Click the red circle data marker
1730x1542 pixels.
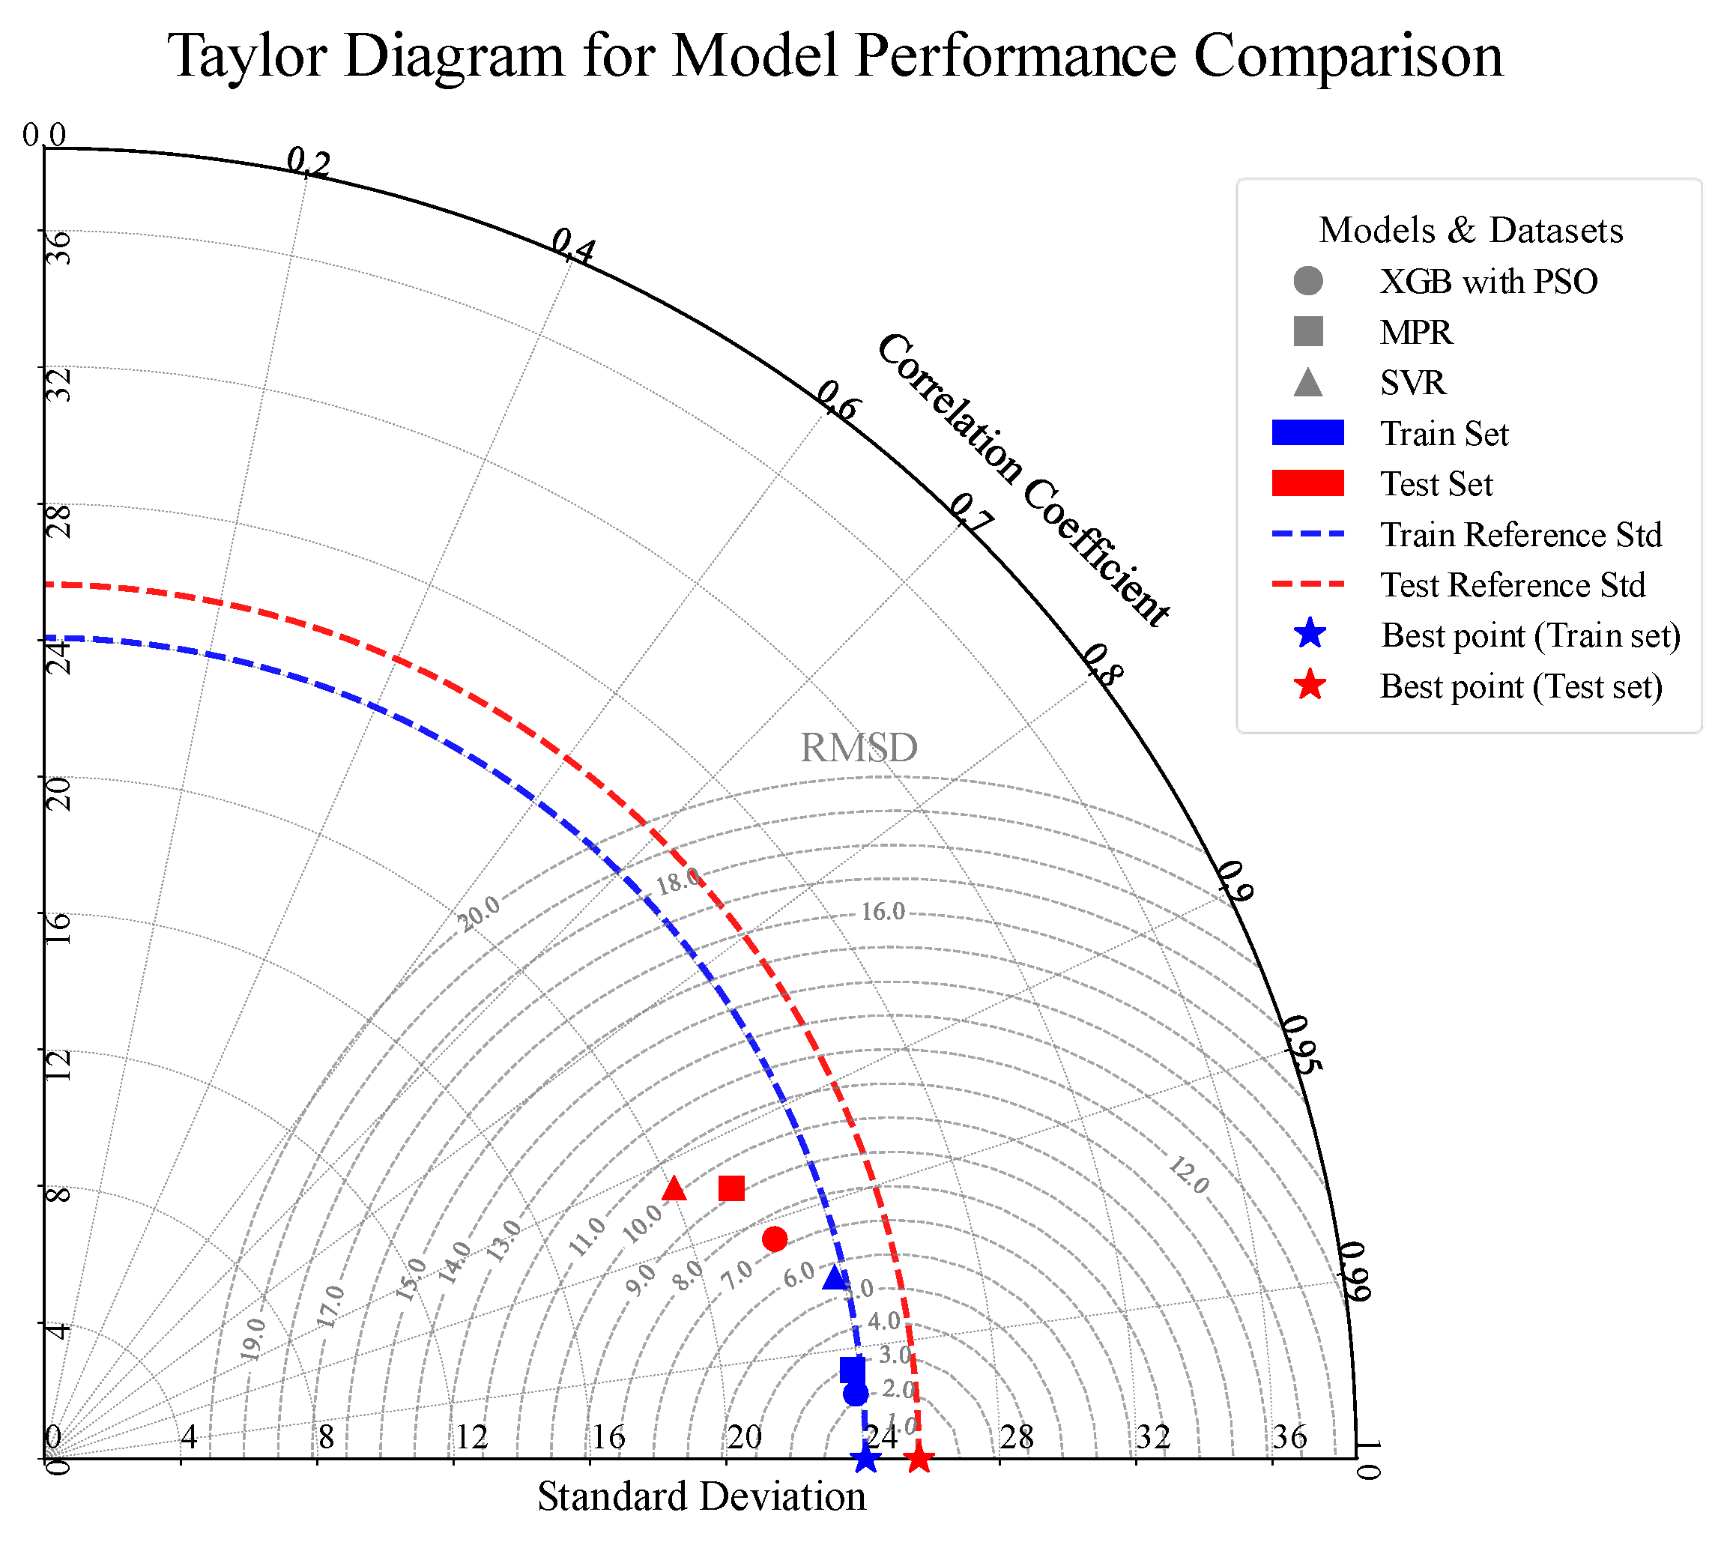click(x=775, y=1239)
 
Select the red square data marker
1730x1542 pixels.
click(x=731, y=1188)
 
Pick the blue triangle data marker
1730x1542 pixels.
click(x=835, y=1278)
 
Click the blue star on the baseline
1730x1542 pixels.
click(x=865, y=1459)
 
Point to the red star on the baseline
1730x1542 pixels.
click(x=919, y=1459)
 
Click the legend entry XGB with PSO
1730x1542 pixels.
click(x=1488, y=281)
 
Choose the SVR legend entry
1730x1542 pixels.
click(x=1412, y=383)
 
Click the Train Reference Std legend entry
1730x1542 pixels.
click(x=1520, y=535)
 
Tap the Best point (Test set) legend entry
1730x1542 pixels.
click(x=1520, y=686)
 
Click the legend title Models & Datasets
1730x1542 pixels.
click(x=1471, y=231)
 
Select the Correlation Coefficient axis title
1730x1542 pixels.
click(x=1023, y=480)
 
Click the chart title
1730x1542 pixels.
click(x=835, y=56)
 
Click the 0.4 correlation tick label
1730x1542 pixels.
click(x=574, y=246)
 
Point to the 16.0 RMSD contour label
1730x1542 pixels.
click(x=883, y=912)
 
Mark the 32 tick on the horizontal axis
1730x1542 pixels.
click(x=1152, y=1437)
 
